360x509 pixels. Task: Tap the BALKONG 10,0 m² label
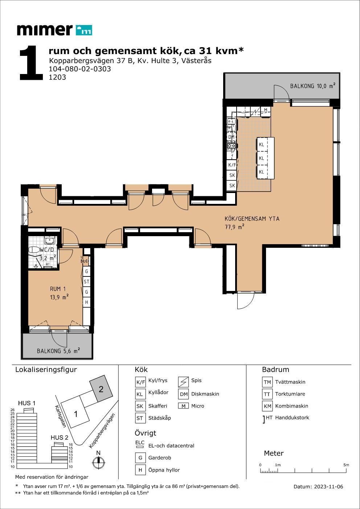[x=312, y=86]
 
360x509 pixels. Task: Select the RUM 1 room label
[x=58, y=289]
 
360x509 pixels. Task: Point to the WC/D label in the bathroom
[x=47, y=250]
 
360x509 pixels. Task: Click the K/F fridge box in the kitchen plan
[x=232, y=165]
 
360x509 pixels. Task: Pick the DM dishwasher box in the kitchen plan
[x=232, y=137]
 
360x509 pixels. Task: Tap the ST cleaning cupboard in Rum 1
[x=86, y=282]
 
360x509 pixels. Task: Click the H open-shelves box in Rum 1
[x=86, y=302]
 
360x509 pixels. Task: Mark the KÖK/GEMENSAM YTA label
[x=252, y=219]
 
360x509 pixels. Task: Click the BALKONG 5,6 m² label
[x=58, y=350]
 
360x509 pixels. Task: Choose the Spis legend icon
[x=183, y=382]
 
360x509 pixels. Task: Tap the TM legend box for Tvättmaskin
[x=267, y=382]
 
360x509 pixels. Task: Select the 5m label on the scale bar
[x=346, y=465]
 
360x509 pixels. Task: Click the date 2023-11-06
[x=328, y=487]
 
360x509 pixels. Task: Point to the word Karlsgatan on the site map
[x=61, y=416]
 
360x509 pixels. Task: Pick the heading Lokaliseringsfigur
[x=46, y=370]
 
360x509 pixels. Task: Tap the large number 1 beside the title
[x=31, y=63]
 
